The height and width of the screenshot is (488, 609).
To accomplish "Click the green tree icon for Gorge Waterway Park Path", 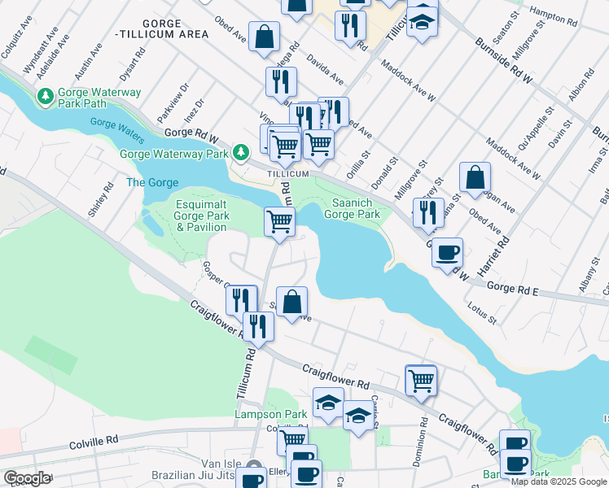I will point(46,98).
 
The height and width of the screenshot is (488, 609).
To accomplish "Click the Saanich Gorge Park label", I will point(353,208).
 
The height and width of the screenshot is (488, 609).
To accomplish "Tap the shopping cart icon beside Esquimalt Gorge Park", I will point(279,221).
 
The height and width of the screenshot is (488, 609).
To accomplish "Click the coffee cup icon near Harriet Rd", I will point(447,252).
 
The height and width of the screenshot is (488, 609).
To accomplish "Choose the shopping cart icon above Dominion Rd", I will point(421,380).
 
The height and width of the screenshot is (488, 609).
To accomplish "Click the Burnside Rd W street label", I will point(503,62).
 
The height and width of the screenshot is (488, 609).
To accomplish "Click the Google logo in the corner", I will point(27,478).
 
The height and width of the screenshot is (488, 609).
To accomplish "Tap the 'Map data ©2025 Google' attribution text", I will point(559,482).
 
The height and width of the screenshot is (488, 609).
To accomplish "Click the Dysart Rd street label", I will point(140,59).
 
